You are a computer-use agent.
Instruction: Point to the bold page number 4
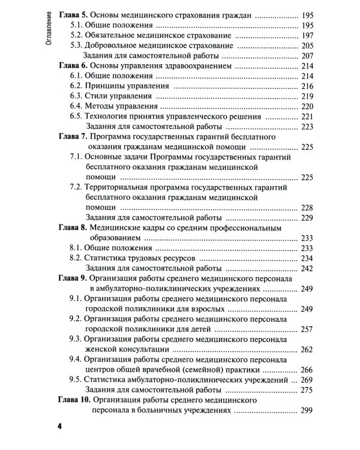pos(59,427)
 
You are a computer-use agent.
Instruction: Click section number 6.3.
pos(76,96)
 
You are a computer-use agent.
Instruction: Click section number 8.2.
pos(76,258)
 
